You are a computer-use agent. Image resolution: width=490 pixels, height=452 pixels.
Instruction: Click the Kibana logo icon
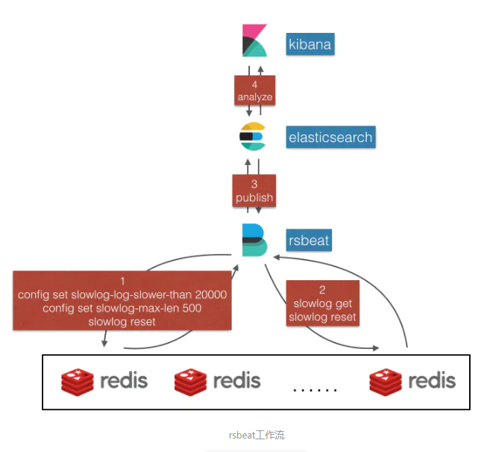click(255, 41)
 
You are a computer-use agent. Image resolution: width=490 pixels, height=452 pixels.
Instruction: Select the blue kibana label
click(310, 45)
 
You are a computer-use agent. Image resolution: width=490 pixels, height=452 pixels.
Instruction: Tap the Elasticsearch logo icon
click(253, 136)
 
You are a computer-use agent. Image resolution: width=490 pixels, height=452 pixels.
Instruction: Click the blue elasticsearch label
click(330, 137)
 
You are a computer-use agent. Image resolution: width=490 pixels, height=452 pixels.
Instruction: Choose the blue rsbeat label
click(309, 241)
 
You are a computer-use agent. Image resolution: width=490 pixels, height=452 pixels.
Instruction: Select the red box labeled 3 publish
click(254, 191)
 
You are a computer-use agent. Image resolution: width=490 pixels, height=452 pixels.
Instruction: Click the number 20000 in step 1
click(210, 295)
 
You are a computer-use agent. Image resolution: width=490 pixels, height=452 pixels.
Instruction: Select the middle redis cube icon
click(190, 381)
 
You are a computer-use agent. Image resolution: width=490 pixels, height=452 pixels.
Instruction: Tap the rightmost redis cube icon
click(386, 381)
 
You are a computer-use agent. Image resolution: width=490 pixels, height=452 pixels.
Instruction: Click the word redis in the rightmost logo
click(432, 380)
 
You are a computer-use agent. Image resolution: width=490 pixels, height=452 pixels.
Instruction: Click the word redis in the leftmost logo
click(124, 380)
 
